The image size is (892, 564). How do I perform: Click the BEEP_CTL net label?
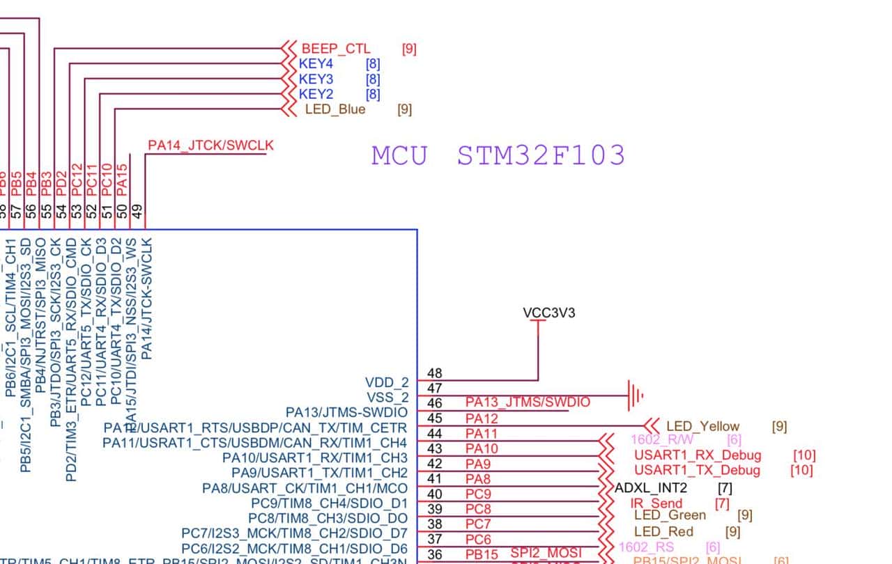(x=336, y=49)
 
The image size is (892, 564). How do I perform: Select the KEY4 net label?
(x=316, y=64)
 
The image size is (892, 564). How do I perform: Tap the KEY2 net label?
(x=316, y=94)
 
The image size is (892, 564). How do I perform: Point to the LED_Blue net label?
(x=335, y=109)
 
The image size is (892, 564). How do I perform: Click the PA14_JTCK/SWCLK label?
(x=210, y=146)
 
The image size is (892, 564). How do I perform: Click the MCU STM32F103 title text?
(x=498, y=155)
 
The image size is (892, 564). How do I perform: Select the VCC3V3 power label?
(x=549, y=313)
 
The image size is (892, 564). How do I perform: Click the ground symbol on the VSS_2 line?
(x=635, y=395)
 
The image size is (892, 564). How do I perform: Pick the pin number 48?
(x=435, y=374)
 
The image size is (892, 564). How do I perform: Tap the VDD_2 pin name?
(x=387, y=382)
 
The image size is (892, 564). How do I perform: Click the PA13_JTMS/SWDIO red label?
(x=528, y=402)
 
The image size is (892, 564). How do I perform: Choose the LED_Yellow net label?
(x=702, y=426)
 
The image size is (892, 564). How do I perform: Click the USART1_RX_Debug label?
(x=697, y=455)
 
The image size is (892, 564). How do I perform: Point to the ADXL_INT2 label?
(x=651, y=487)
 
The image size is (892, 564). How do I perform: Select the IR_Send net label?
(x=656, y=503)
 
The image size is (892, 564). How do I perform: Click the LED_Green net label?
(x=670, y=515)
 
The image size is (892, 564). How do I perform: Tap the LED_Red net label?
(x=664, y=532)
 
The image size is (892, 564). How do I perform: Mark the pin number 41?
(x=435, y=479)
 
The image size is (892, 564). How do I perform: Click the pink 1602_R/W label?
(x=662, y=439)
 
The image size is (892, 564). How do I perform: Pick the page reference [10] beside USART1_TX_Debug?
(x=801, y=471)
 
